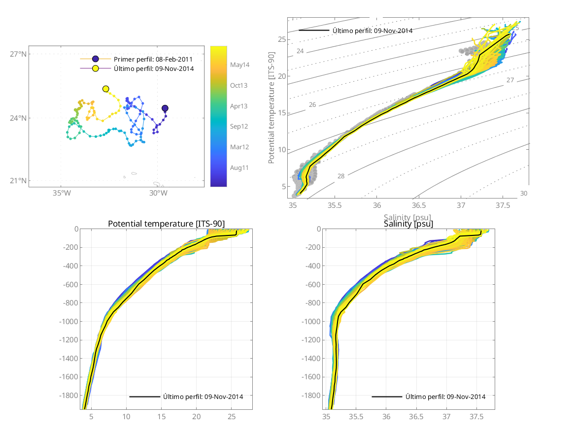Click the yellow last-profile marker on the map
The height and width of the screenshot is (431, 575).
[x=105, y=89]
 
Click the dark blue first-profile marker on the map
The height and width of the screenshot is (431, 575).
[x=165, y=108]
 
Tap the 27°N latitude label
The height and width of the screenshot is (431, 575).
[x=18, y=54]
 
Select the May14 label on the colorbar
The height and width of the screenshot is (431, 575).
[x=239, y=65]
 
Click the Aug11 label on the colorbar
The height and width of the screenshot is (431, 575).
[x=239, y=167]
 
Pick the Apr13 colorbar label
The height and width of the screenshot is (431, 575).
[x=239, y=106]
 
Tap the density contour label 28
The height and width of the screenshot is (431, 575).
[x=341, y=176]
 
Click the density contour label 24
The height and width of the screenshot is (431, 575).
[x=300, y=51]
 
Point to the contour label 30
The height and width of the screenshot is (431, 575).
[x=523, y=193]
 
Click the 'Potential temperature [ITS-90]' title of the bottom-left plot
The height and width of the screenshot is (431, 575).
[x=166, y=224]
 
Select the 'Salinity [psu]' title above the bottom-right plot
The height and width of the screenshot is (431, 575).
[x=408, y=224]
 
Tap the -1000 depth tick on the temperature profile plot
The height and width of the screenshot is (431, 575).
[x=69, y=322]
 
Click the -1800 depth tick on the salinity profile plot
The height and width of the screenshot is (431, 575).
[x=311, y=396]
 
